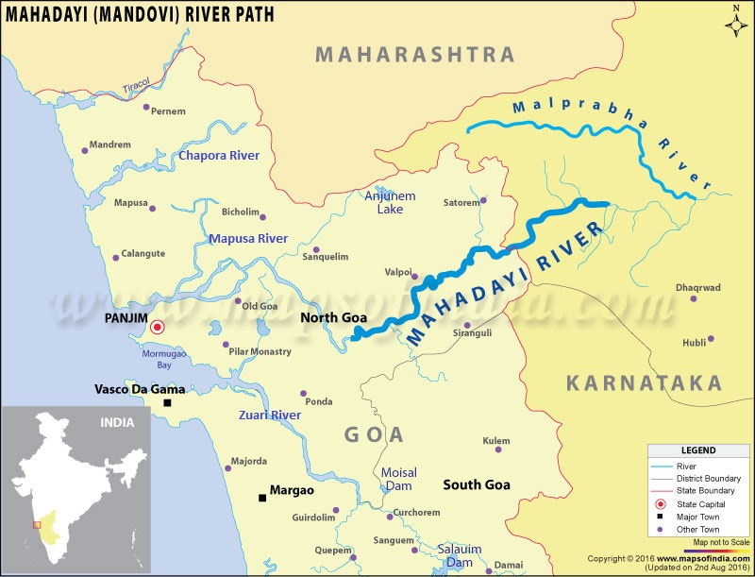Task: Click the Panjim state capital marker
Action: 158,327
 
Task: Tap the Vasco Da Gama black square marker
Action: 167,403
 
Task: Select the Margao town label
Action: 292,491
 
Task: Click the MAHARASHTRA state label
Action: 415,54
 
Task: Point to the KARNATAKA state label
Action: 644,382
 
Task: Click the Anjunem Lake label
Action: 384,202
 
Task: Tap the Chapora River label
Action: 219,155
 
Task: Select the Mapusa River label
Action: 248,239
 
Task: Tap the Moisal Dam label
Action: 398,479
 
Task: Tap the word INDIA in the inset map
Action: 119,423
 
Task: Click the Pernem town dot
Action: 146,108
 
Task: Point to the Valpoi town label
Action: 398,272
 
